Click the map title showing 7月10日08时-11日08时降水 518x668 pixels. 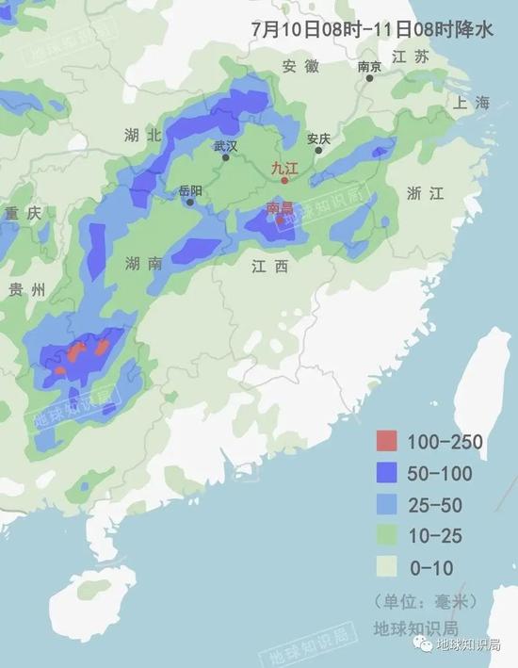(372, 29)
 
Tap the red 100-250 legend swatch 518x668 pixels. (387, 440)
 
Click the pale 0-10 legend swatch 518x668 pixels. (387, 567)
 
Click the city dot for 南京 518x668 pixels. (370, 77)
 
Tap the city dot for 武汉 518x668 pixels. (226, 157)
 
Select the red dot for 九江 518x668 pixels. (284, 180)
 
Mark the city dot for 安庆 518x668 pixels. (319, 150)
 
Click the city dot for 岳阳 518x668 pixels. (190, 202)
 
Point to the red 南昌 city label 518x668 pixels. (281, 207)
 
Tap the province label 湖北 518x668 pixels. (143, 136)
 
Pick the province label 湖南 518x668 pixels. (143, 264)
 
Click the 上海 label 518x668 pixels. (472, 103)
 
